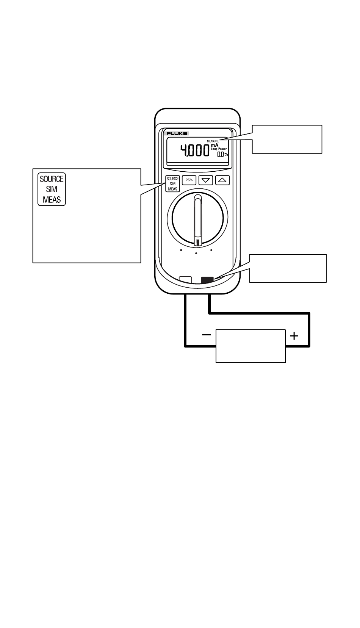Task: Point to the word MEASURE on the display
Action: [x=213, y=141]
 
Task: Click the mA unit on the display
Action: [x=214, y=145]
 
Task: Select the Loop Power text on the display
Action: [x=219, y=149]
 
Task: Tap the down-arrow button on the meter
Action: [x=206, y=180]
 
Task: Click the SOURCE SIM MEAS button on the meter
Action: [x=172, y=184]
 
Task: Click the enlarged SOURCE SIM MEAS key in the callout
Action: [x=52, y=189]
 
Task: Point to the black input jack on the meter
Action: [x=207, y=280]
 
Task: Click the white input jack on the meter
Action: [x=185, y=280]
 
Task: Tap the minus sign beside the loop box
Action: [x=206, y=335]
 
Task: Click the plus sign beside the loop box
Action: [x=294, y=336]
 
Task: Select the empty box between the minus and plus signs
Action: [x=250, y=346]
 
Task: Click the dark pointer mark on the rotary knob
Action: [x=197, y=242]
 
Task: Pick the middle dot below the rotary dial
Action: [x=196, y=253]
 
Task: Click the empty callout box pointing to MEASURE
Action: [x=287, y=139]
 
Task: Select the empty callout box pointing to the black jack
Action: [x=288, y=268]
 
